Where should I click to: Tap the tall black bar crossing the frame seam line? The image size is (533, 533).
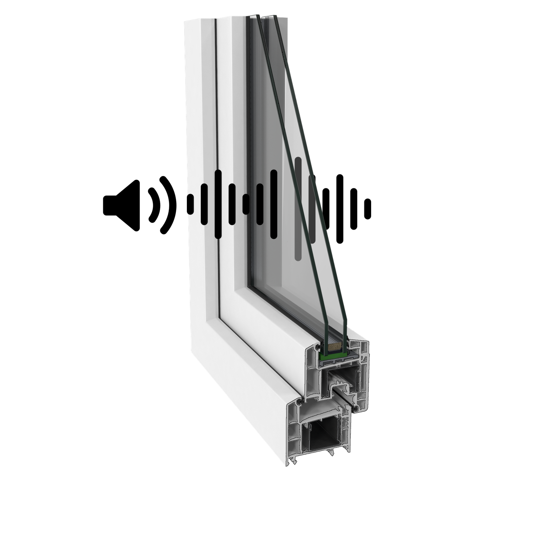pyautogui.click(x=218, y=204)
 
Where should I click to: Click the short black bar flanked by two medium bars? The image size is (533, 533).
pyautogui.click(x=246, y=204)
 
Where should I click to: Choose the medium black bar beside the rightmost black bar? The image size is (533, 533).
pyautogui.click(x=260, y=204)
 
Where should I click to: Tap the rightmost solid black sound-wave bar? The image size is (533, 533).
pyautogui.click(x=274, y=204)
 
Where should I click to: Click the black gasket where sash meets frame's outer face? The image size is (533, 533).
pyautogui.click(x=301, y=403)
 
